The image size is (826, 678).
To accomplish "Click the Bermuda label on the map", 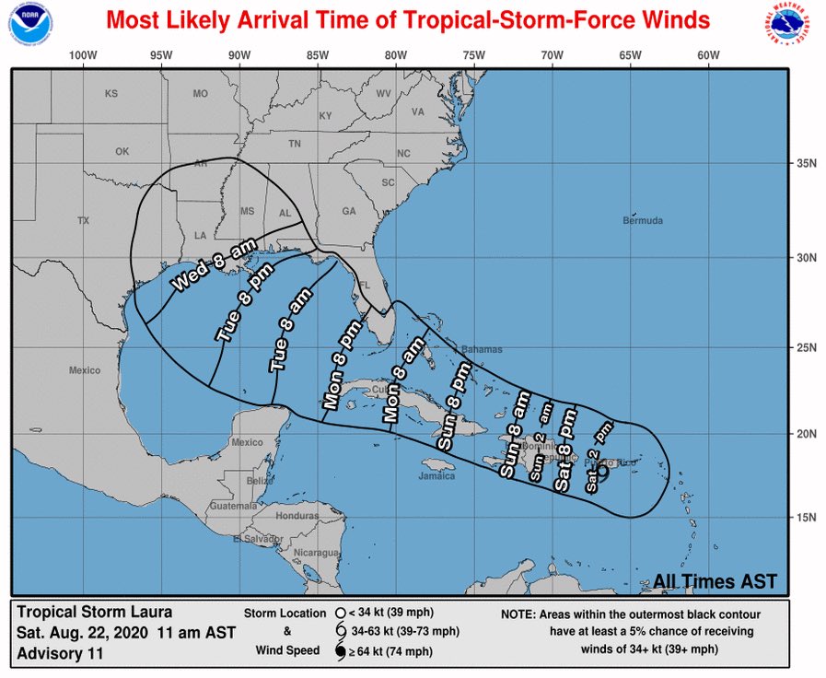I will point(642,221).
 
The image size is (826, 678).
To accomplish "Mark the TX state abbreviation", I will point(84,221).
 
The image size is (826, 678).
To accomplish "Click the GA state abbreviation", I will point(349,211).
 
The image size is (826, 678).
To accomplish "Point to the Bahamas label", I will point(483,350).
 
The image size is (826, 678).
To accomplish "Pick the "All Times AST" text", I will point(715,581).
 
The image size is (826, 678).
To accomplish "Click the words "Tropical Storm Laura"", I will point(95,612).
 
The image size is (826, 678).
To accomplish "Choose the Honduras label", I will point(297,516).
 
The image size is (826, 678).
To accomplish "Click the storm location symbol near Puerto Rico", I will point(602,472).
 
